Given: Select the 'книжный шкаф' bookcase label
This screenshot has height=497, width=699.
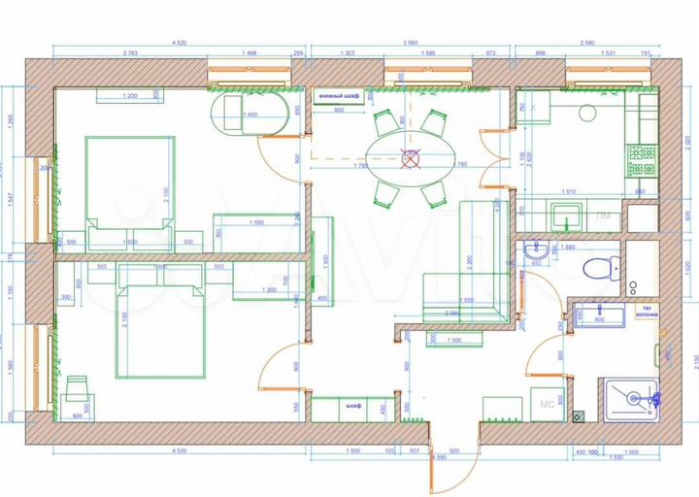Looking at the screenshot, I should click(x=339, y=96).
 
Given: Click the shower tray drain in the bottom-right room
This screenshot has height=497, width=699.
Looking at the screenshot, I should click(x=633, y=397).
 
